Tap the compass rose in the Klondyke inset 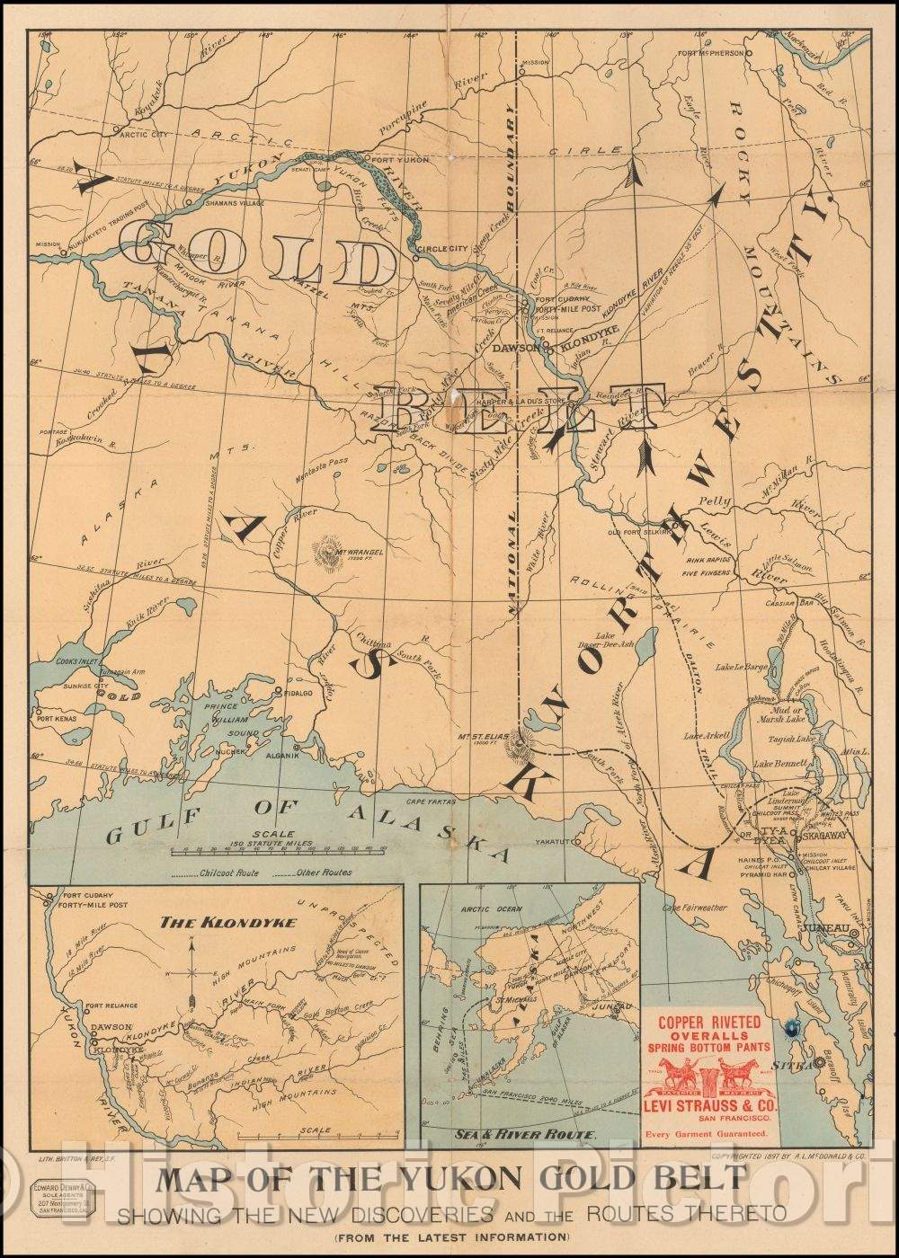click(191, 972)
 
